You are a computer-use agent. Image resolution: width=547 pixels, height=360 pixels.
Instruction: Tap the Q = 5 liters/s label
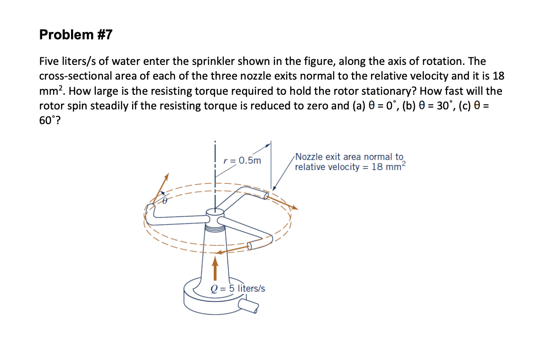[237, 288]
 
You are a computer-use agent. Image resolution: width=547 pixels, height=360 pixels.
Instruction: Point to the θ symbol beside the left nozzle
[165, 201]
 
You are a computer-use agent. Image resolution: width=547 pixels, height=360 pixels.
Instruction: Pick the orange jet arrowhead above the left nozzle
[166, 176]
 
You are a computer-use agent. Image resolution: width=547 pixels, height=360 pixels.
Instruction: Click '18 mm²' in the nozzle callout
[389, 167]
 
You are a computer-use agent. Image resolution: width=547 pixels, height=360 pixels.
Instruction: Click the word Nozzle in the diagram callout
[309, 157]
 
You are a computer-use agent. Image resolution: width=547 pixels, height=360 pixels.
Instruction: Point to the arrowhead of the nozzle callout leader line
[274, 188]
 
